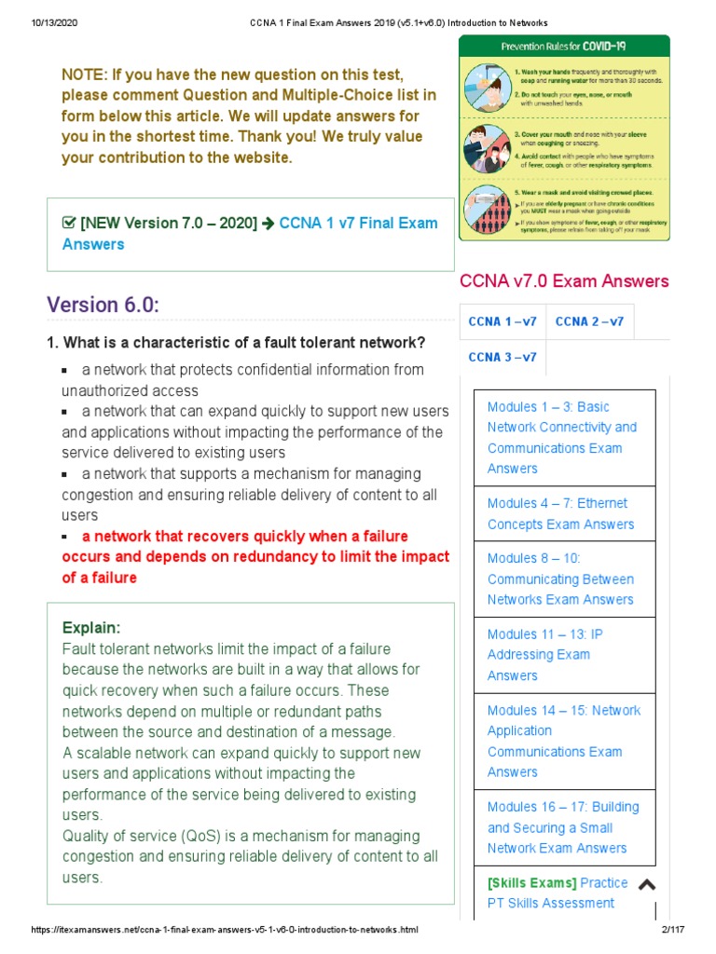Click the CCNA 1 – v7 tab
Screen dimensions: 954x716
(503, 321)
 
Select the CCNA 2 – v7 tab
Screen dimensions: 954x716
(589, 321)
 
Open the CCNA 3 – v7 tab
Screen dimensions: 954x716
(503, 357)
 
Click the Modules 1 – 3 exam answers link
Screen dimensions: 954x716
(561, 437)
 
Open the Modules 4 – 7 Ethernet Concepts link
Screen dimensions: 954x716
(560, 513)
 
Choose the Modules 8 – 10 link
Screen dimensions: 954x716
(560, 579)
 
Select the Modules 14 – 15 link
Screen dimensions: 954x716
(563, 741)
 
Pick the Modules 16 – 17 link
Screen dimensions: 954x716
(563, 827)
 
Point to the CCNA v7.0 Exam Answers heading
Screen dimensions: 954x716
(564, 280)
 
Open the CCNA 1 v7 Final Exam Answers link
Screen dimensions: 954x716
(249, 233)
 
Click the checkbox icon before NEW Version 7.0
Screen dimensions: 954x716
(68, 224)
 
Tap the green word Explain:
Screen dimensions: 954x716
(91, 627)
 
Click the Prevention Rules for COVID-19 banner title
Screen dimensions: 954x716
(562, 45)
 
